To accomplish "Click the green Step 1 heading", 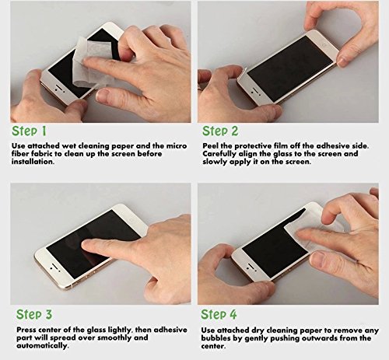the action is coord(29,131).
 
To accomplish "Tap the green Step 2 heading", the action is coord(220,131).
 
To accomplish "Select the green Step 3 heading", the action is coord(34,314).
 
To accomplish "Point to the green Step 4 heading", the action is coord(219,314).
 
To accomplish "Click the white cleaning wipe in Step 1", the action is coord(87,62).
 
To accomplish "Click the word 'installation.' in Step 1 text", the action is coord(33,162).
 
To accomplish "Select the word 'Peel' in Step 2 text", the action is coord(210,146).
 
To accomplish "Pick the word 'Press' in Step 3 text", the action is coord(26,330).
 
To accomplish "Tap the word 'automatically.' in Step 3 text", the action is coord(43,346).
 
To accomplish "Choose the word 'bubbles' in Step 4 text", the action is coord(216,338).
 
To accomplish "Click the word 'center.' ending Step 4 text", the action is coord(213,346).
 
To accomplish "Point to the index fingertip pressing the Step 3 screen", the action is coord(86,243).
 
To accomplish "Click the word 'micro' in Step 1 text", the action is coord(177,146).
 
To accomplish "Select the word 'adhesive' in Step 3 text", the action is coord(170,330).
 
